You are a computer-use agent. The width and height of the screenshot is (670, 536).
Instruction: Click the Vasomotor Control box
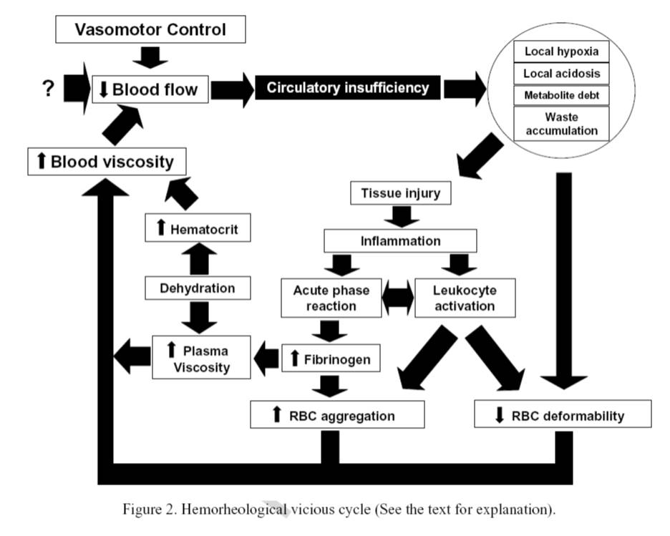pos(150,30)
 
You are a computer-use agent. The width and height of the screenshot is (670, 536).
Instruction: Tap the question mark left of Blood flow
pos(49,89)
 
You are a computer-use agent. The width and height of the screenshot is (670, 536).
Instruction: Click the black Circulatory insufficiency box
pos(347,88)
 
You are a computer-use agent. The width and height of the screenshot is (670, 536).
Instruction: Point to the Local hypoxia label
pos(561,52)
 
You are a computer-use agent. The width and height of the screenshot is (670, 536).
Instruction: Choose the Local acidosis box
pos(561,74)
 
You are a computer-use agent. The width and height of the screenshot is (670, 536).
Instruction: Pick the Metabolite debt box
pos(561,95)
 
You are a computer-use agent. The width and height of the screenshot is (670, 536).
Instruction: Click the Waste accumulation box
pos(561,123)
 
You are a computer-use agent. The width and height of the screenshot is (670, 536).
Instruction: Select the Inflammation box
pos(400,240)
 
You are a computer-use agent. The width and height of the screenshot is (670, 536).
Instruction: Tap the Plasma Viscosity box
pos(201,359)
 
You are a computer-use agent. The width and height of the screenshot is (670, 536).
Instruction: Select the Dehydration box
pos(197,288)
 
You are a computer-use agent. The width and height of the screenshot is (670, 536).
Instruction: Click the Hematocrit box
pos(197,229)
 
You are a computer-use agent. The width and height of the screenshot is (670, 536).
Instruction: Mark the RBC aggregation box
pos(337,415)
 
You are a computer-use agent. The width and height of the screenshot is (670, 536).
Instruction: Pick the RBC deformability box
pos(563,415)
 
